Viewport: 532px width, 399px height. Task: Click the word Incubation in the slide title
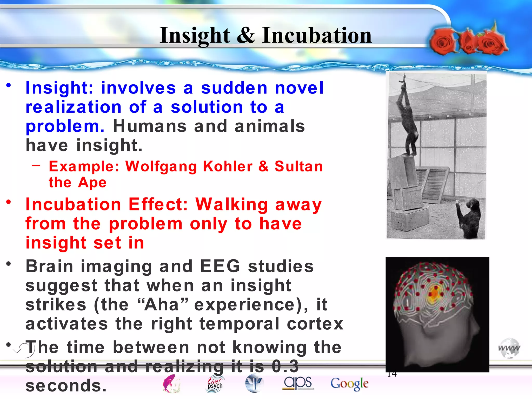point(317,35)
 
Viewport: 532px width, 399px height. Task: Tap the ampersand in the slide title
point(245,35)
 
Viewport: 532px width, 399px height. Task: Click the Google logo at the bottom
point(349,384)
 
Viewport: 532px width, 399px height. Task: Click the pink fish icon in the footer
point(171,384)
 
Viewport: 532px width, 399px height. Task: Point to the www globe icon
point(509,348)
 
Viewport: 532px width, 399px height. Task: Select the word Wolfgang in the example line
point(161,167)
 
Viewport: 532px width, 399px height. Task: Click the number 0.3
point(285,366)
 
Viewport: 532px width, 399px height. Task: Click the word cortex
point(315,324)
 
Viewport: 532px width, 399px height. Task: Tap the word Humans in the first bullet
point(150,127)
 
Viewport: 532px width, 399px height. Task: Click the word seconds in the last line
point(66,386)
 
